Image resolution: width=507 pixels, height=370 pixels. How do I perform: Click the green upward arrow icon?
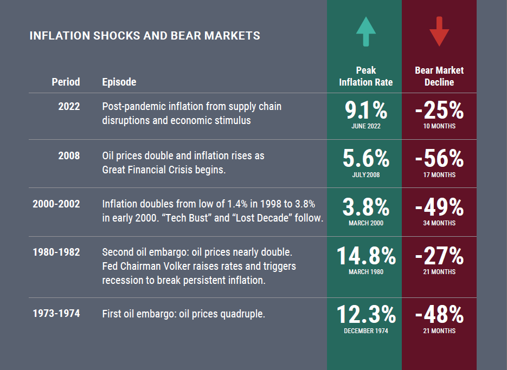(365, 31)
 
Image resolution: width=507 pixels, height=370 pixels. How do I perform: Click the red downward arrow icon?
(439, 31)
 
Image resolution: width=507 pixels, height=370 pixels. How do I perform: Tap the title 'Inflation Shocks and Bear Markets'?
(145, 36)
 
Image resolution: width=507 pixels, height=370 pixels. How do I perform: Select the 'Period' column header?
(66, 82)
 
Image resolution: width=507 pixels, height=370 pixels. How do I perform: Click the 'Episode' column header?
(119, 82)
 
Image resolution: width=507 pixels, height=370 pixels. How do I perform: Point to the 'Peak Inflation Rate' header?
(365, 76)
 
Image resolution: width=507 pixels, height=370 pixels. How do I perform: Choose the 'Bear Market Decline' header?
(439, 76)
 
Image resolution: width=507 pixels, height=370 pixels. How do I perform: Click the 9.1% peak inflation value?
(366, 111)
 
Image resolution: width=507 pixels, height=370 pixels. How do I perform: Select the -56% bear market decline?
(439, 159)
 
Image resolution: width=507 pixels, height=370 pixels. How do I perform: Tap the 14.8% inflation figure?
(366, 256)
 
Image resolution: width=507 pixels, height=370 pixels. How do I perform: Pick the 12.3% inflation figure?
(366, 315)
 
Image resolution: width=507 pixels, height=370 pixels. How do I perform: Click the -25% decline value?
(439, 111)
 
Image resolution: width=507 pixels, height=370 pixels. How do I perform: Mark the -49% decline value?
(439, 207)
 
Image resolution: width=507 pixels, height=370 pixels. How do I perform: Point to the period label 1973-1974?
(56, 313)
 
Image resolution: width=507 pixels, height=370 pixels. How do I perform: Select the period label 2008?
(69, 155)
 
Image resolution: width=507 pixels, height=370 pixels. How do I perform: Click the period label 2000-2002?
(56, 204)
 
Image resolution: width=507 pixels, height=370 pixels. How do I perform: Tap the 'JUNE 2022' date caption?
(366, 126)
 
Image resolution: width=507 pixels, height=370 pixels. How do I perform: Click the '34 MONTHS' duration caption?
(439, 223)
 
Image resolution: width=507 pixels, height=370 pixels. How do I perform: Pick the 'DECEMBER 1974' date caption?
(366, 331)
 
